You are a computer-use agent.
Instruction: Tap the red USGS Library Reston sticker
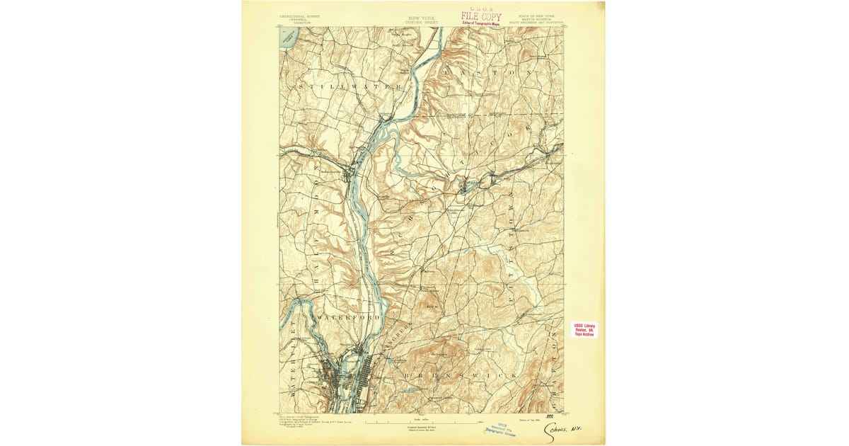584,330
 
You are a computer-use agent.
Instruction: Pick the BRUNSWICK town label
460,373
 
